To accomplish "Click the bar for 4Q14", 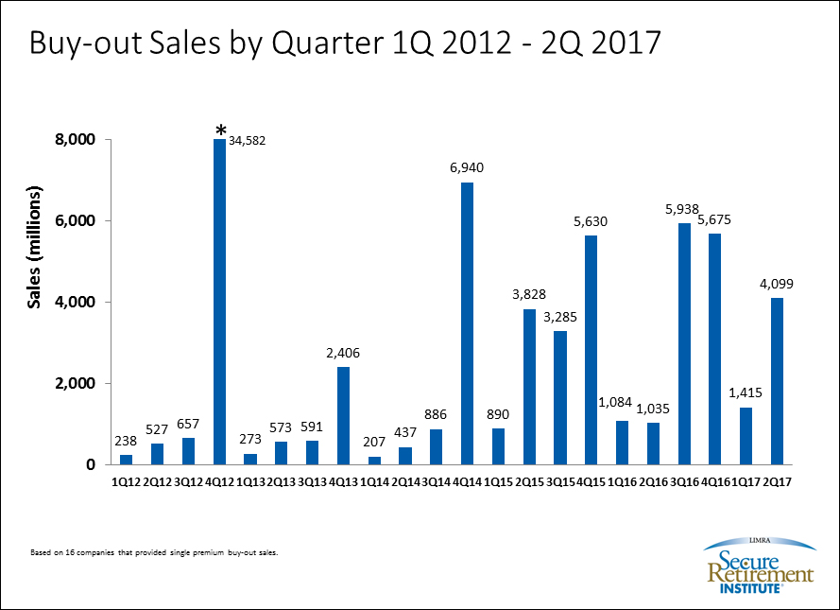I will click(467, 322).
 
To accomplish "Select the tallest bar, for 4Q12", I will click(219, 302).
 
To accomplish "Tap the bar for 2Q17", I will click(777, 380).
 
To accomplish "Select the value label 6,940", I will click(467, 167).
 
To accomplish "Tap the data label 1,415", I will click(745, 392).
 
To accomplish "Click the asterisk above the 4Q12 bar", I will click(220, 131).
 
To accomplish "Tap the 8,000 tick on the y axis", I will click(76, 140).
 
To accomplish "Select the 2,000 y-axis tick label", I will click(76, 383).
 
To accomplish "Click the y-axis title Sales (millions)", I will click(35, 248).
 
